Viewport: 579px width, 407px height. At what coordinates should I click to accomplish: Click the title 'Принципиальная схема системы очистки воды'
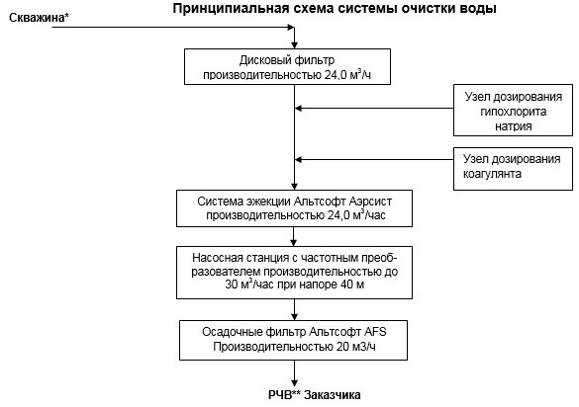click(x=336, y=9)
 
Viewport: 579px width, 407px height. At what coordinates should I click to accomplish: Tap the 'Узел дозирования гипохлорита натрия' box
click(x=514, y=111)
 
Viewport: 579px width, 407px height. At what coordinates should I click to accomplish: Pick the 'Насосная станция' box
click(x=295, y=272)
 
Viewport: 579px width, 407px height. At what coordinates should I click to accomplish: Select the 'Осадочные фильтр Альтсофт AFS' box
click(x=295, y=339)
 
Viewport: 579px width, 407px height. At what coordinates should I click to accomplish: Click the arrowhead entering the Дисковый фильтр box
click(x=295, y=44)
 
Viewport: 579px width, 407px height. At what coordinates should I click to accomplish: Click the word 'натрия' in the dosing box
click(x=514, y=126)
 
